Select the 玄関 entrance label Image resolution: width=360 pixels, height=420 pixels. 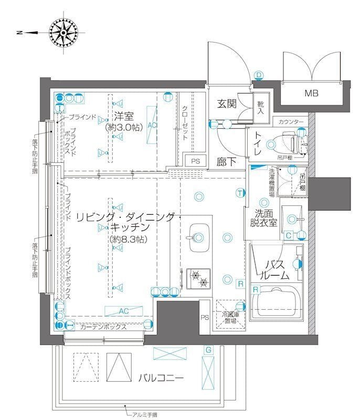(227, 104)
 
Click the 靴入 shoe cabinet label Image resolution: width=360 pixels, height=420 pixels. (261, 108)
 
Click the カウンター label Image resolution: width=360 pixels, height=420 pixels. (291, 122)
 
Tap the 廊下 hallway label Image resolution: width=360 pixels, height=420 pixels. (227, 162)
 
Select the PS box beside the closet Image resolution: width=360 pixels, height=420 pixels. (195, 161)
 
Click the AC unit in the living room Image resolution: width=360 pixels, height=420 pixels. (123, 311)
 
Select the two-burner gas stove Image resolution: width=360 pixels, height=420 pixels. (198, 278)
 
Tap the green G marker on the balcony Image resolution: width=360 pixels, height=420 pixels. (208, 350)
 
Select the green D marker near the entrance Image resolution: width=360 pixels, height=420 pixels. (259, 75)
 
